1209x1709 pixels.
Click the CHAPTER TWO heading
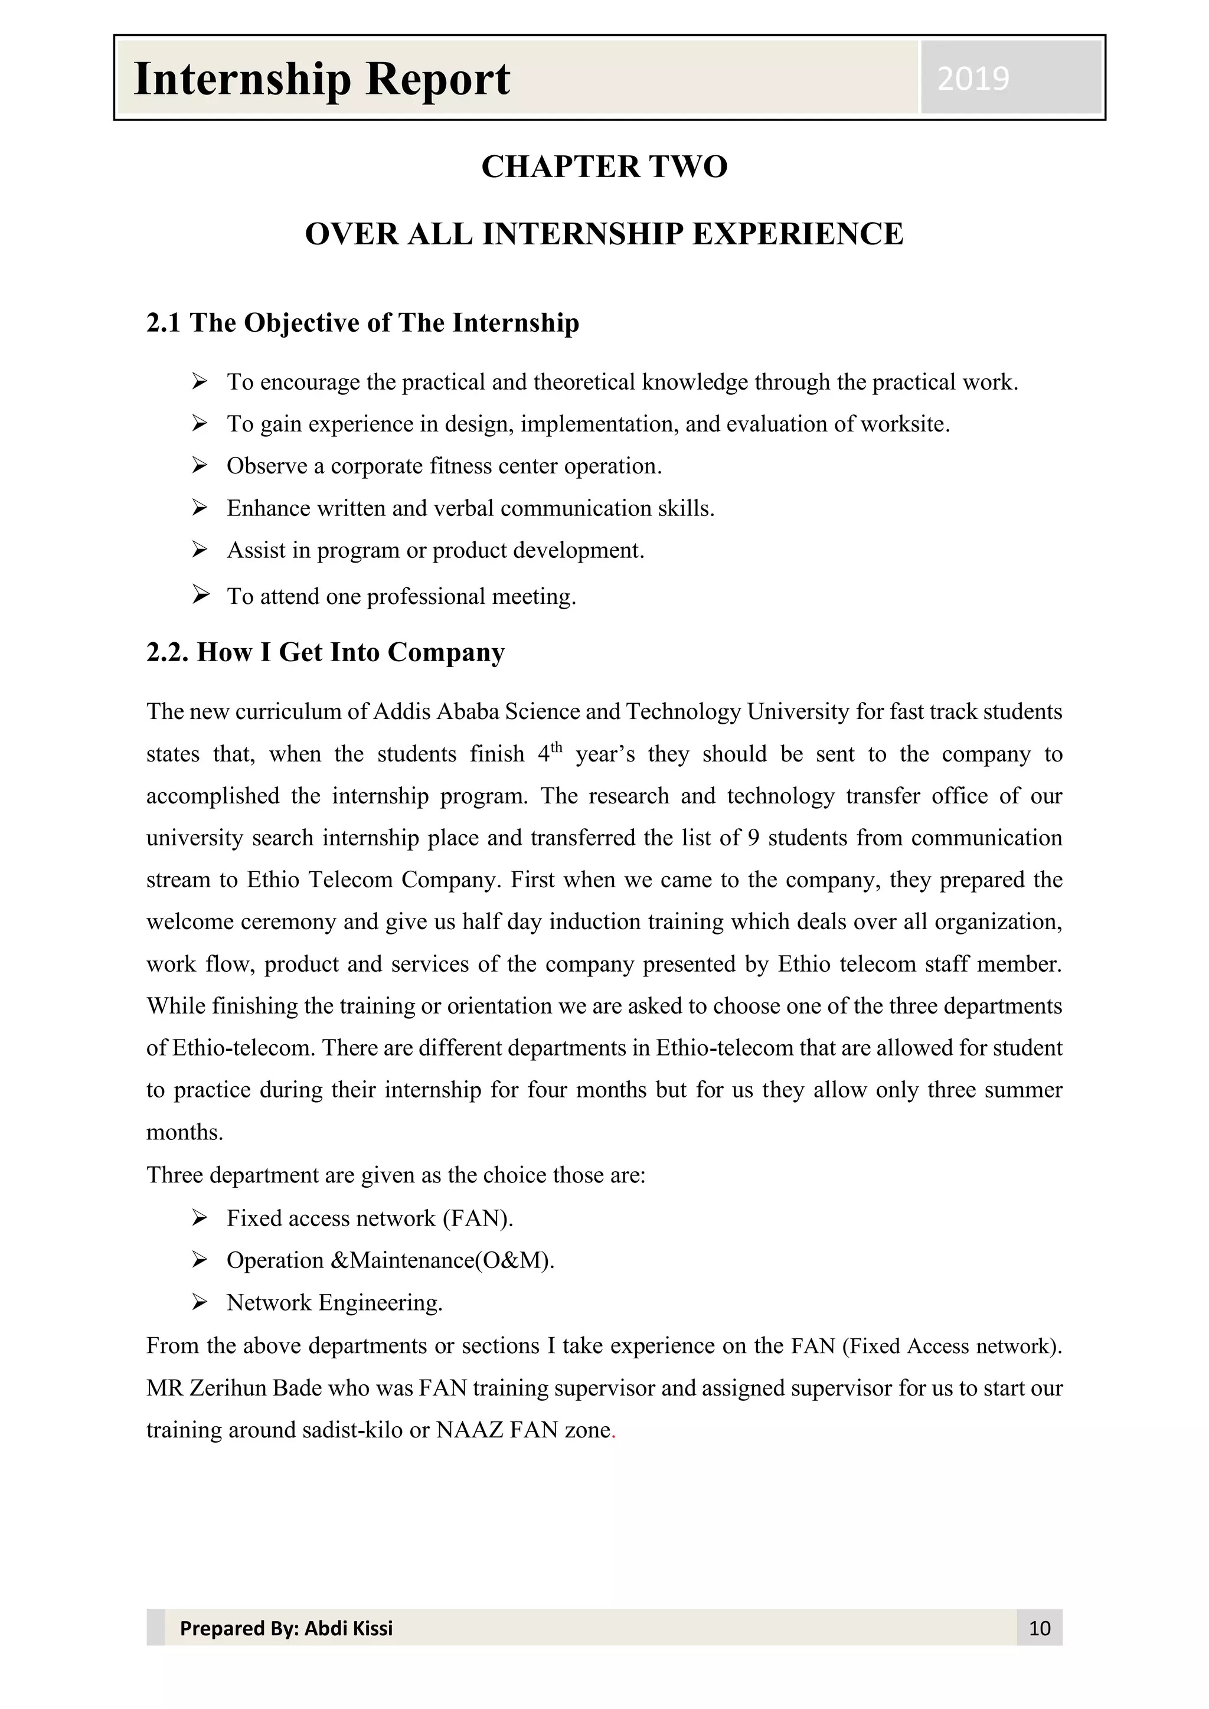coord(604,166)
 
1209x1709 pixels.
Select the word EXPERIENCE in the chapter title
coord(798,234)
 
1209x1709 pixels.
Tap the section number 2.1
coord(163,323)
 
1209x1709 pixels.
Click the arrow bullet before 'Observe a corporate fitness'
coord(200,466)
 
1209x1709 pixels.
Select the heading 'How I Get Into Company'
coord(351,653)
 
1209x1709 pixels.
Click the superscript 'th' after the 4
coord(556,747)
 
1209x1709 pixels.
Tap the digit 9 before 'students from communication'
coord(753,838)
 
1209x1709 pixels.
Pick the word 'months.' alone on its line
coord(185,1133)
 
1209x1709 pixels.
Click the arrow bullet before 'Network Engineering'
coord(200,1303)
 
